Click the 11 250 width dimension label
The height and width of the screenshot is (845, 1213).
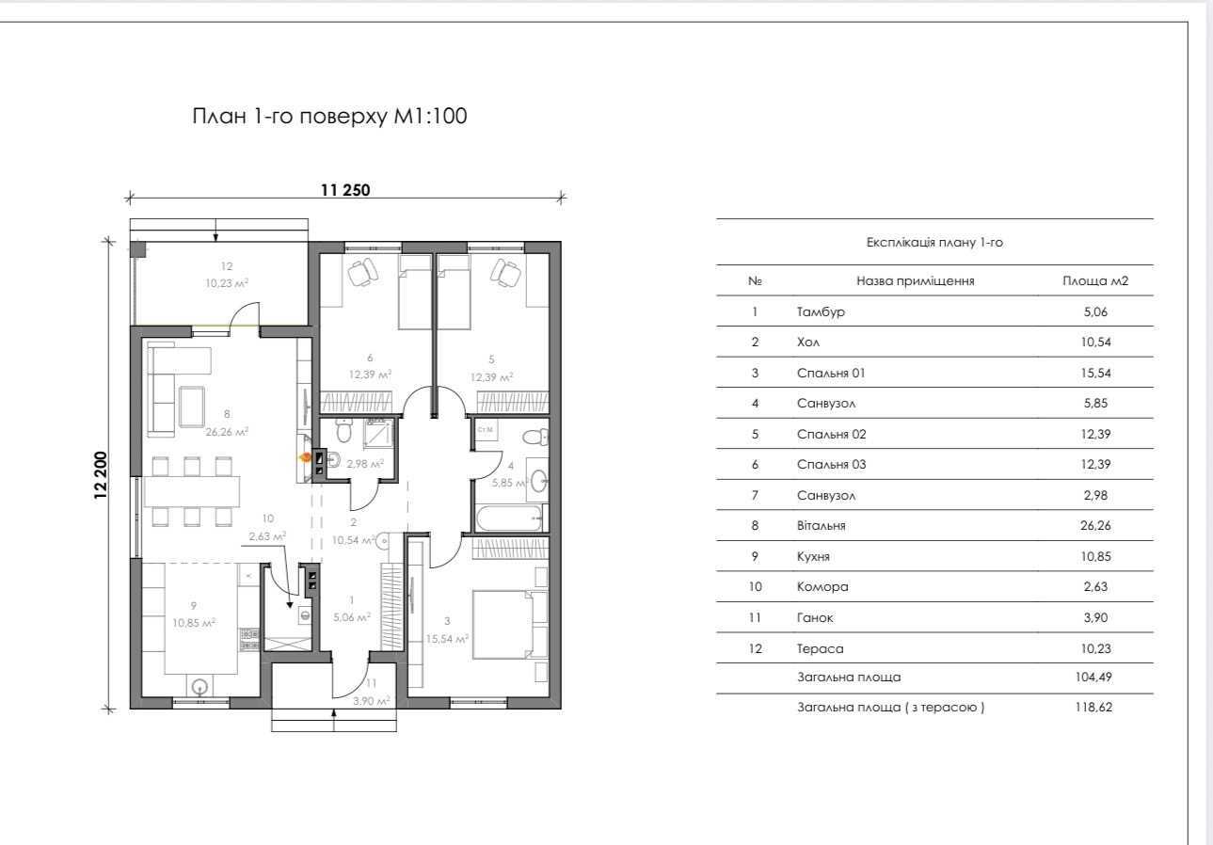(x=345, y=190)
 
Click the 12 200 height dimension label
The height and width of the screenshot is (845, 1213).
(x=102, y=475)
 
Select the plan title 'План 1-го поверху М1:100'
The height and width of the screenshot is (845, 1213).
(x=329, y=117)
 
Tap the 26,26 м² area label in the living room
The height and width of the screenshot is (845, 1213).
(x=227, y=431)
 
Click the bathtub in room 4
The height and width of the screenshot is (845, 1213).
(x=508, y=518)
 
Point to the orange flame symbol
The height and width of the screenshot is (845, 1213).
(x=305, y=457)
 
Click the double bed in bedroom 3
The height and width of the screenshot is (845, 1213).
(x=503, y=625)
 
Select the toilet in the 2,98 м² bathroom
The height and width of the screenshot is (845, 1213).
(x=343, y=430)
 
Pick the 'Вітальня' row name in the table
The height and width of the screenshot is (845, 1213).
(x=821, y=526)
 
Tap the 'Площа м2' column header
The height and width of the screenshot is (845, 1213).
(x=1095, y=281)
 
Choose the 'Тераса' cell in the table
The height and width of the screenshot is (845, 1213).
(x=820, y=648)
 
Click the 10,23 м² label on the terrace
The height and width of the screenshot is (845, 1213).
(x=227, y=282)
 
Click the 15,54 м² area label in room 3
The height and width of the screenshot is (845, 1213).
(x=447, y=639)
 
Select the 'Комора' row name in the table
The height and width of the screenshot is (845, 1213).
(x=822, y=587)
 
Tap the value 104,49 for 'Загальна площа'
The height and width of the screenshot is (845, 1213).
(x=1093, y=677)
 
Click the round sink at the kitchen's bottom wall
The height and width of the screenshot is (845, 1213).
(x=200, y=688)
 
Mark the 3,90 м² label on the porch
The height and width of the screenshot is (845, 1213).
(x=372, y=700)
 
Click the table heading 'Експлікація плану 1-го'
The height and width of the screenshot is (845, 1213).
(x=934, y=243)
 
